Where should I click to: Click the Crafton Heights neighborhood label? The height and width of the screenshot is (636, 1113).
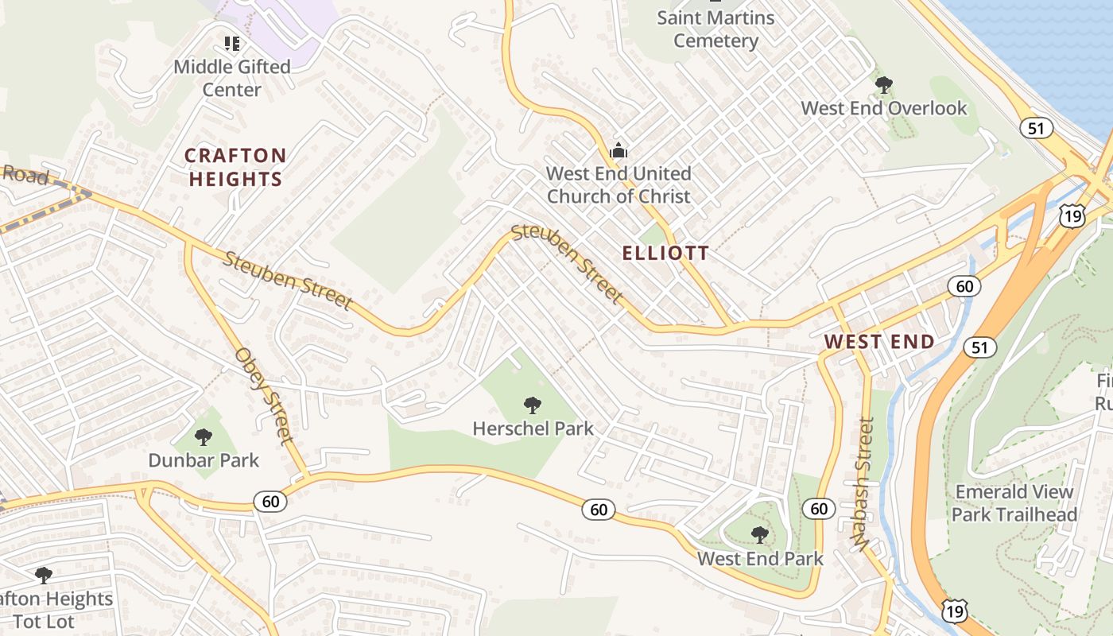[x=235, y=167]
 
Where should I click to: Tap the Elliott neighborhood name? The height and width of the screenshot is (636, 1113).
[x=665, y=254]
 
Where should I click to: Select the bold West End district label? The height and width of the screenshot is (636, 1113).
[x=879, y=342]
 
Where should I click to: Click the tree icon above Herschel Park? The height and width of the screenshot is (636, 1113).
[x=533, y=405]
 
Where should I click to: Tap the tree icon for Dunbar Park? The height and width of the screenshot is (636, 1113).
[x=204, y=436]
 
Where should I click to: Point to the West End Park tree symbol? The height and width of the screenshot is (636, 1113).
[x=760, y=535]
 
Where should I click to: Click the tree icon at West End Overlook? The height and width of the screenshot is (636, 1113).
[x=883, y=84]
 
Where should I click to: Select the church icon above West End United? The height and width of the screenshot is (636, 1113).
[x=619, y=149]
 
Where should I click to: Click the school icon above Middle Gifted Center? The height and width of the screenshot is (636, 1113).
[x=232, y=43]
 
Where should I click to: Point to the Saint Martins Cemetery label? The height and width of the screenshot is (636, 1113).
[x=715, y=29]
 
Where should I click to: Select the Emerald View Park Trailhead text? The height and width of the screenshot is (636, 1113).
[x=1014, y=503]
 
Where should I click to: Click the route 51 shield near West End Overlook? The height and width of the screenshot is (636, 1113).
[x=1037, y=128]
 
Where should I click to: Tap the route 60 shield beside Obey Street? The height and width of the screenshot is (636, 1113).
[x=270, y=501]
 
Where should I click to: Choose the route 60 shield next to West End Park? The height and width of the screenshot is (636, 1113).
[x=818, y=509]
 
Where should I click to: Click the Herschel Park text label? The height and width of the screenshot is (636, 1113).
[x=533, y=429]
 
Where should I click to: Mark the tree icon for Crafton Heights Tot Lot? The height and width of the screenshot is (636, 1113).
[x=44, y=575]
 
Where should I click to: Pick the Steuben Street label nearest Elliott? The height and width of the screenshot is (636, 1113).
[x=567, y=264]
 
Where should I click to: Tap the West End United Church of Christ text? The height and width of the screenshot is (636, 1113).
[x=619, y=184]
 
